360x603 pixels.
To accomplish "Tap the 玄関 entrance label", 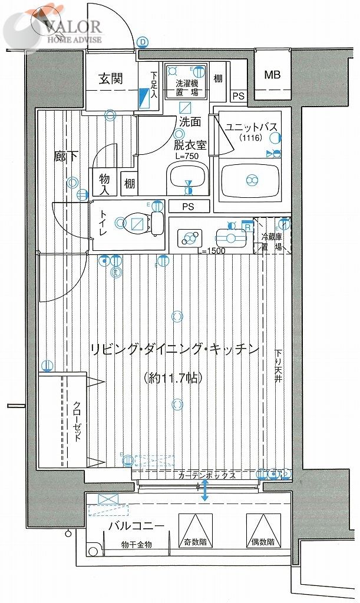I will click(x=110, y=79).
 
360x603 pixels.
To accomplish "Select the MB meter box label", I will click(x=272, y=75).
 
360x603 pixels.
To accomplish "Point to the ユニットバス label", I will click(x=251, y=128).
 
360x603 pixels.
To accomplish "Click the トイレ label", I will click(x=103, y=224).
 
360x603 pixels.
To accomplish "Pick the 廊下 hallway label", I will click(x=64, y=157).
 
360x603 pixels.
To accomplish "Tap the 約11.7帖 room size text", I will click(x=174, y=378).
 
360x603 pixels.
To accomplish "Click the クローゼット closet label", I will click(x=77, y=423).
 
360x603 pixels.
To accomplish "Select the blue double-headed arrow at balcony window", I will click(x=205, y=490).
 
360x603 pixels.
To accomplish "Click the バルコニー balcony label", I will click(x=136, y=526).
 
